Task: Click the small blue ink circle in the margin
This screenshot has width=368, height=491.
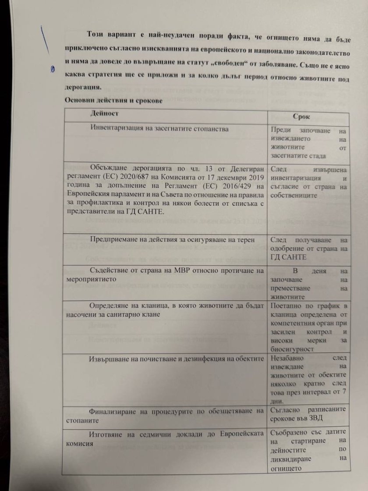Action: [52, 69]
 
